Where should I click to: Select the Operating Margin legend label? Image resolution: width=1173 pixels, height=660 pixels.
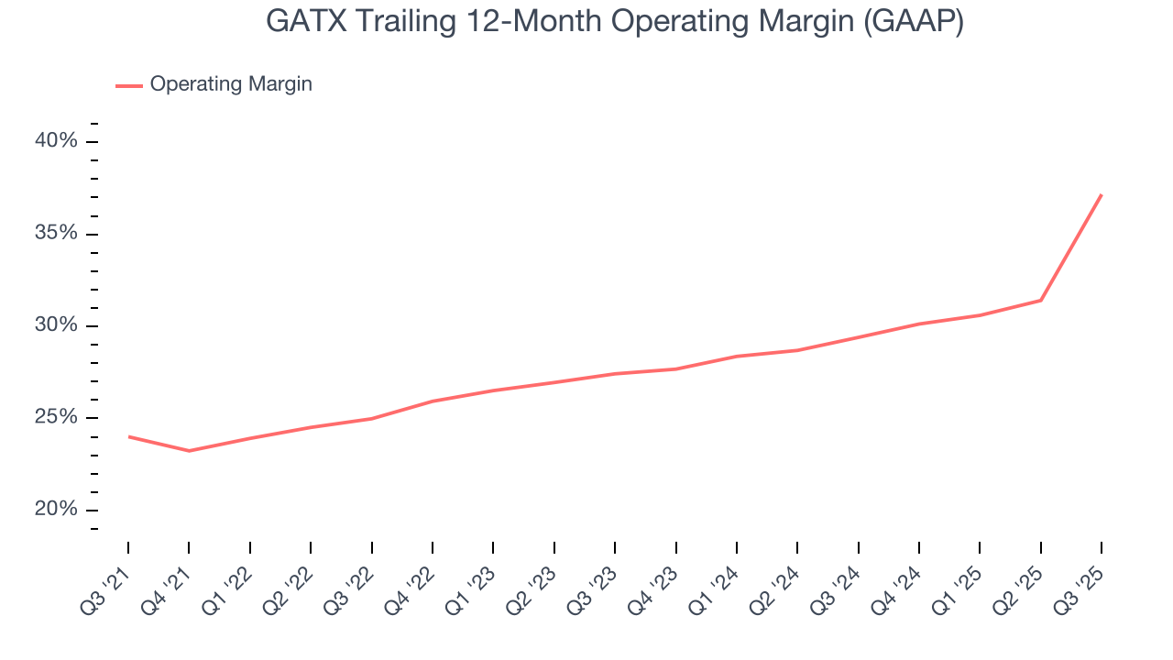(231, 84)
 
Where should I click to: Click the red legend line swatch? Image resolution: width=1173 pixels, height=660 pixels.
(129, 85)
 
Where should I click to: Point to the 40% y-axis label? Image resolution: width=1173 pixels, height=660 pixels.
(56, 141)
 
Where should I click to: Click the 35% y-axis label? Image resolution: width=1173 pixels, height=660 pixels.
(56, 233)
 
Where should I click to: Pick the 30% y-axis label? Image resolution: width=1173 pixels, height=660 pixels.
(56, 325)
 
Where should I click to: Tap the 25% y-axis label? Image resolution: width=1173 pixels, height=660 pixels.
(56, 418)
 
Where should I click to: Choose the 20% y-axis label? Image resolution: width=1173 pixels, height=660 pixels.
(56, 510)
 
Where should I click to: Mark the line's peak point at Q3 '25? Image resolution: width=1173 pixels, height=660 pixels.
(1101, 194)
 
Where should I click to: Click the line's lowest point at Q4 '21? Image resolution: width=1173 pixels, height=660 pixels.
(189, 451)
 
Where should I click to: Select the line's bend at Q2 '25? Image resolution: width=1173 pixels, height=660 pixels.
(1040, 300)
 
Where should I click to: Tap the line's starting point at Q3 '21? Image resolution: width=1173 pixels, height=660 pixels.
(128, 436)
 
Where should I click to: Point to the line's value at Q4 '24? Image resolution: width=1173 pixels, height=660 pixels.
(918, 324)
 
